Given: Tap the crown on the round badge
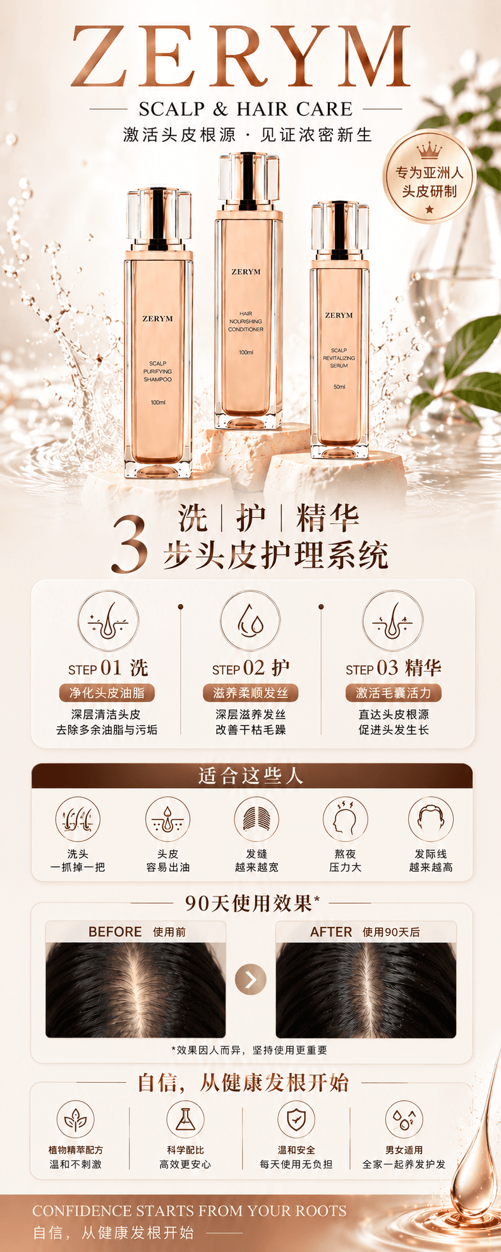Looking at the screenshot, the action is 429,150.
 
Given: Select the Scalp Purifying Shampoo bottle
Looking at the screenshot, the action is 158,333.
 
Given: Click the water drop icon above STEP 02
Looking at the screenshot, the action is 250,621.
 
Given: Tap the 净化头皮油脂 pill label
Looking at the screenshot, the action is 107,693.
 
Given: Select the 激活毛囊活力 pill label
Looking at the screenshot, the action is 393,693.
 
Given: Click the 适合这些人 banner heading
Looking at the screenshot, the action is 251,776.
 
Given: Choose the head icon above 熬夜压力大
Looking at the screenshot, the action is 345,820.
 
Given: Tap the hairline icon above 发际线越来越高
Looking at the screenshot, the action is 430,820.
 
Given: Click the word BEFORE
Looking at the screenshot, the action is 115,932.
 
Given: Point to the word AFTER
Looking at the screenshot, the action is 331,932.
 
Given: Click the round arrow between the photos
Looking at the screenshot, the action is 251,979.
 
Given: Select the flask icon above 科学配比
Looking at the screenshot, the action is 185,1119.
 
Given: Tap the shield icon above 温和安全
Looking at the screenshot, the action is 296,1119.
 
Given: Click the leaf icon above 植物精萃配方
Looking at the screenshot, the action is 75,1119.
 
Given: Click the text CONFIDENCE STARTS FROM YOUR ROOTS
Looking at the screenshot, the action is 190,1211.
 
